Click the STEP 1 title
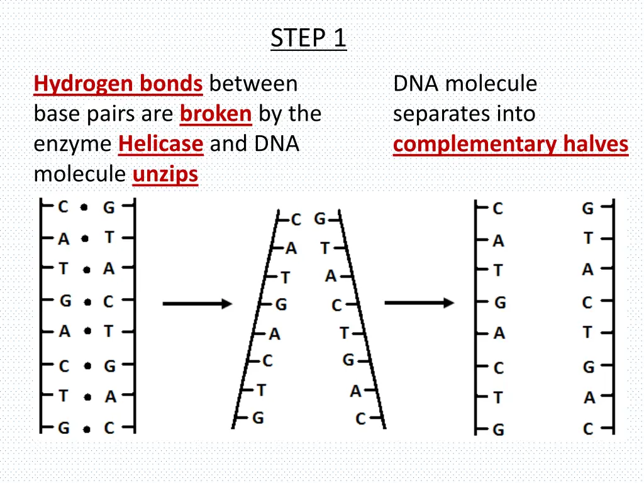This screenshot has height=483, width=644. tap(308, 39)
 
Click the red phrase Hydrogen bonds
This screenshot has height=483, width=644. tap(118, 84)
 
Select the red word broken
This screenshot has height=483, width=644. tap(216, 114)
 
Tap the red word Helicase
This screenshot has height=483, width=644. tap(160, 144)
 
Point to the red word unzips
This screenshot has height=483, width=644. tap(165, 174)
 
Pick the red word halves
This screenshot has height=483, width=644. tap(596, 144)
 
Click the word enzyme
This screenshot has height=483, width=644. tap(73, 144)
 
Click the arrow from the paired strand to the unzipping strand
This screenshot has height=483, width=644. tap(197, 304)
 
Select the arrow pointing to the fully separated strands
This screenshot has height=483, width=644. tap(419, 303)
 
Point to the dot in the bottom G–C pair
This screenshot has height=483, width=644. tap(86, 430)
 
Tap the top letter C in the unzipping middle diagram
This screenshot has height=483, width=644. tap(296, 219)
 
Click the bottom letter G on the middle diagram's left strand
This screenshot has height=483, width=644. tap(258, 418)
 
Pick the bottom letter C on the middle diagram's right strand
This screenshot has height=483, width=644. tap(360, 418)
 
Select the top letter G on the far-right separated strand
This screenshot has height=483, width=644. tap(588, 208)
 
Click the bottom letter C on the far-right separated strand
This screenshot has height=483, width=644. tap(588, 430)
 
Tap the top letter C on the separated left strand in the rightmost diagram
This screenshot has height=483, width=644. tap(498, 208)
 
